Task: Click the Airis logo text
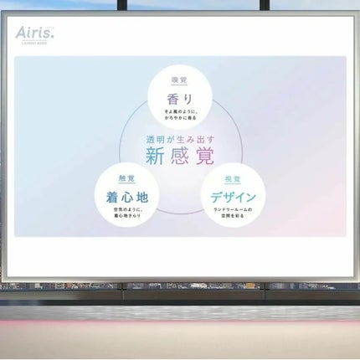coord(34,33)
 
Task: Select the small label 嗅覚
coord(180,81)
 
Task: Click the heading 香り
coord(180,98)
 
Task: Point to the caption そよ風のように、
coord(180,111)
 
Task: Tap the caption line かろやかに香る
coord(180,118)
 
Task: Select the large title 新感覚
coord(179,157)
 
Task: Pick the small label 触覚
coord(127,179)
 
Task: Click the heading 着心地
coord(127,197)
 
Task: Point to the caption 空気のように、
coord(127,210)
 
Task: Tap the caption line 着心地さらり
coord(127,217)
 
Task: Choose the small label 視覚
coord(233,179)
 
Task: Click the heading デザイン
coord(233,197)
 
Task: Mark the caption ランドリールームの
coord(233,210)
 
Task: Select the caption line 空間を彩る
coord(233,217)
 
